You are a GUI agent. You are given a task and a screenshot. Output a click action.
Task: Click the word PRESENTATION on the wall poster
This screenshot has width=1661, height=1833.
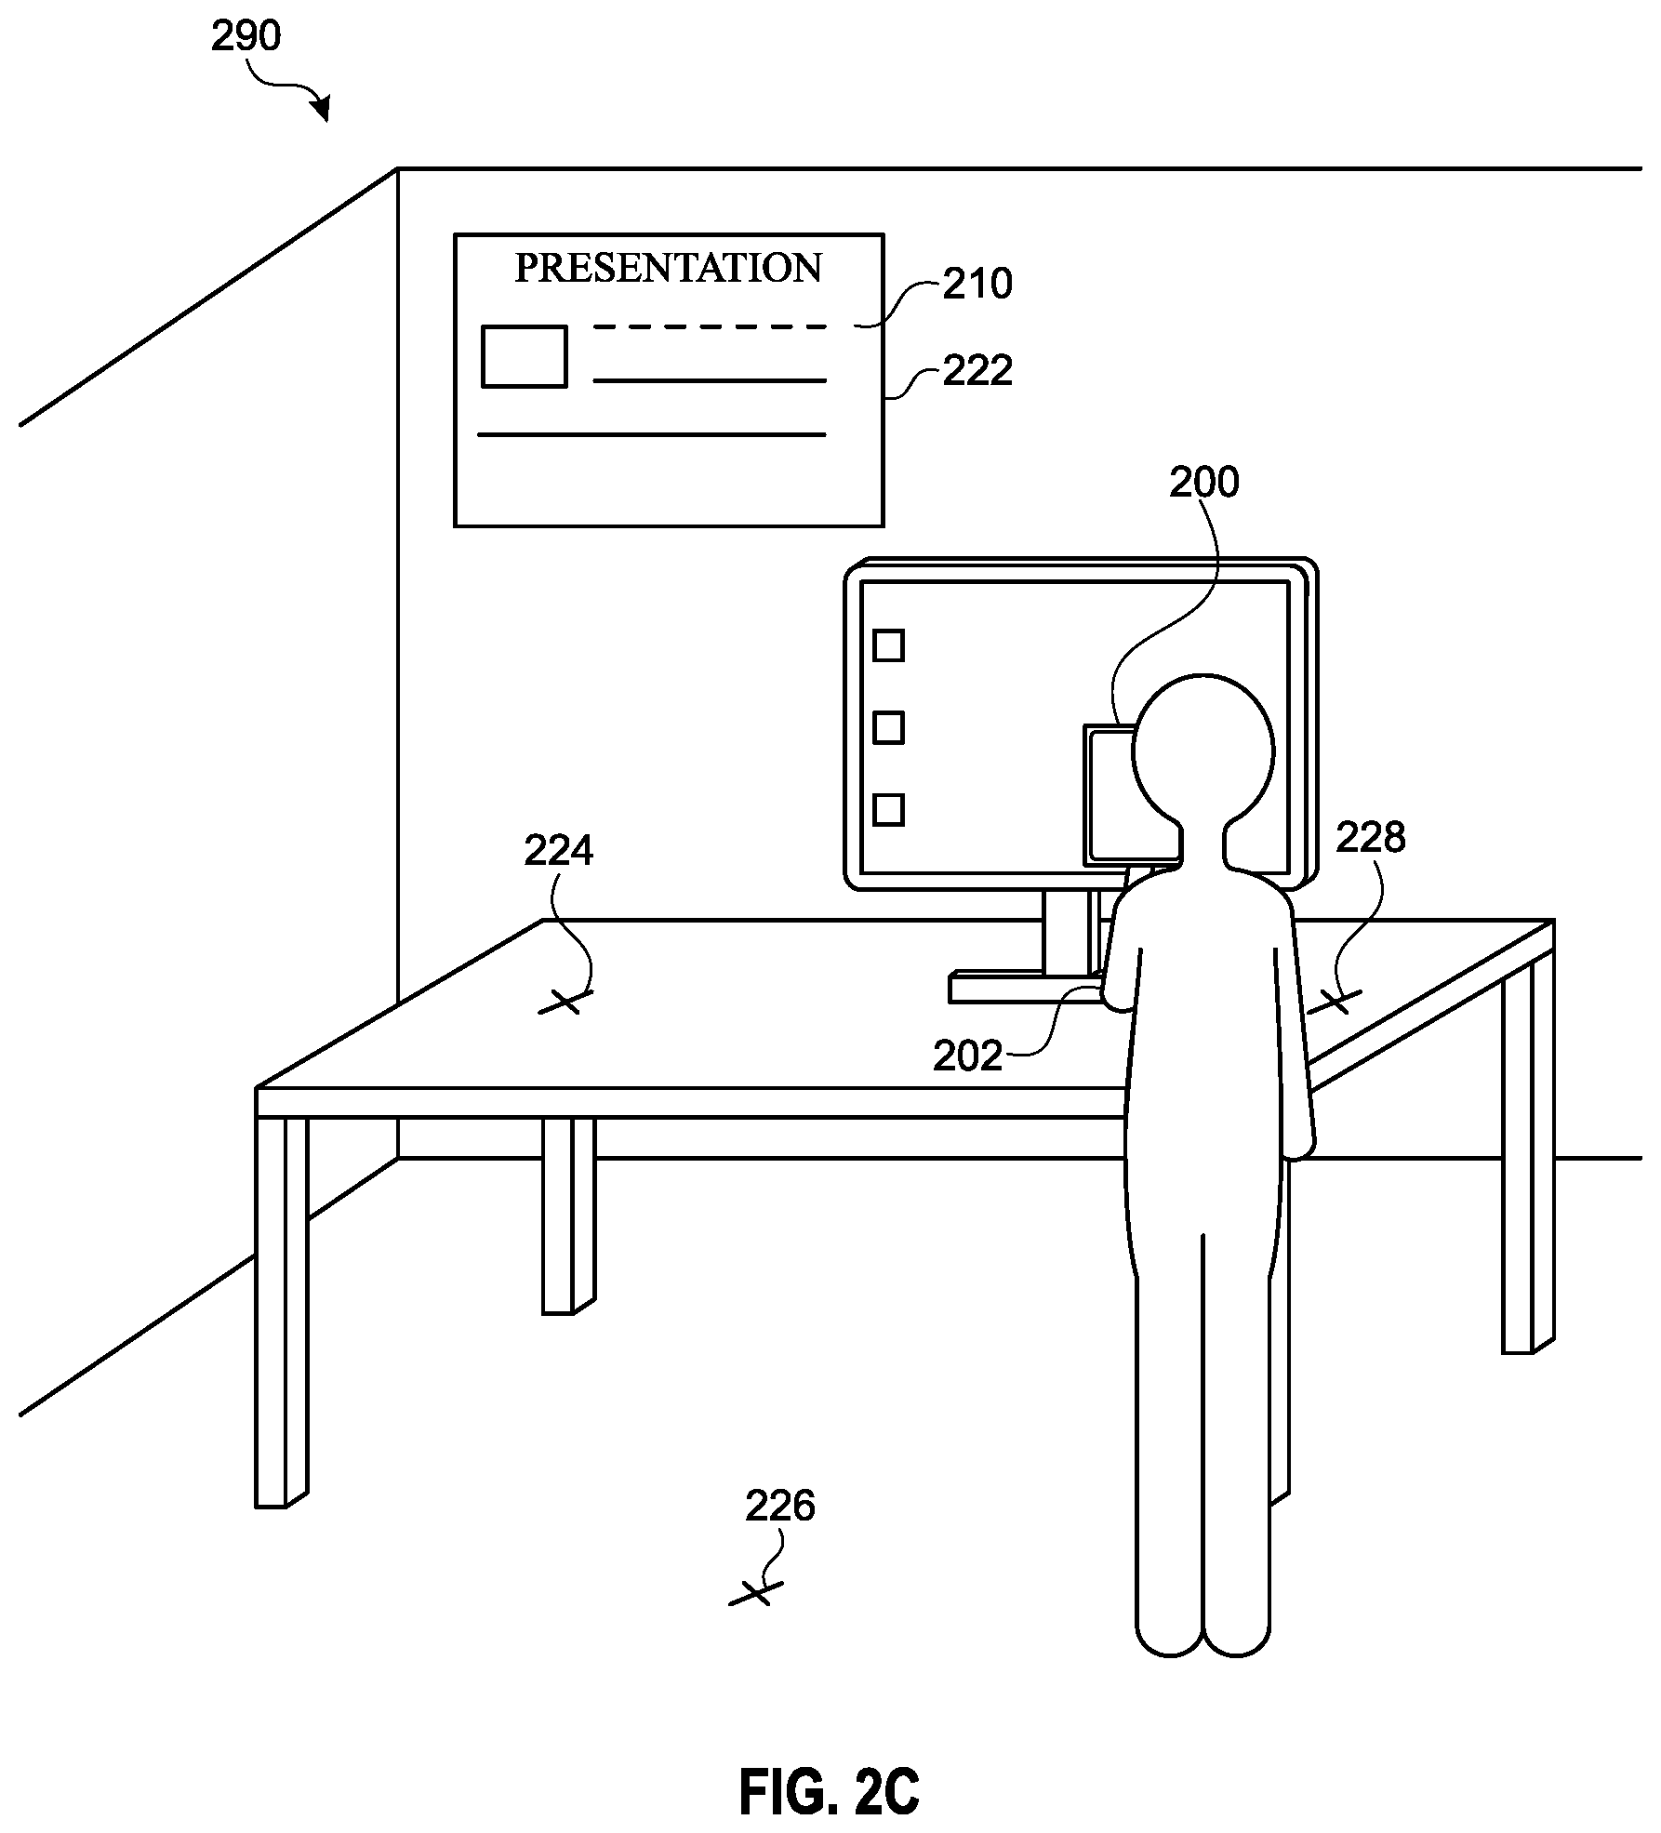pyautogui.click(x=668, y=268)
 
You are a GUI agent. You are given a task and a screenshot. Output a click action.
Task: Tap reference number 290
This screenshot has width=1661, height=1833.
pyautogui.click(x=246, y=36)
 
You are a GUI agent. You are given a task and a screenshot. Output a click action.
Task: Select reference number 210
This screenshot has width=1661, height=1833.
pyautogui.click(x=977, y=284)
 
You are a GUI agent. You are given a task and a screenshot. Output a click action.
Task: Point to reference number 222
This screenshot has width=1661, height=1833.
pyautogui.click(x=977, y=371)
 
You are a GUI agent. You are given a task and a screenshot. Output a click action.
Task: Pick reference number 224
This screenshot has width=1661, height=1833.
pyautogui.click(x=558, y=850)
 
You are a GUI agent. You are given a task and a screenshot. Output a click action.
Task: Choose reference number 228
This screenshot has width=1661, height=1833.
pyautogui.click(x=1371, y=838)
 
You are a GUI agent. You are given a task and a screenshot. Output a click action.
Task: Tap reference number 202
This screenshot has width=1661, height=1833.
pyautogui.click(x=968, y=1056)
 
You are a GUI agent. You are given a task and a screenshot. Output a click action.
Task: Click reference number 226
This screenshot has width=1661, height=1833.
pyautogui.click(x=779, y=1506)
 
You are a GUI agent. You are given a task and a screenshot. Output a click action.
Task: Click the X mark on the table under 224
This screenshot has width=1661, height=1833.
pyautogui.click(x=566, y=1002)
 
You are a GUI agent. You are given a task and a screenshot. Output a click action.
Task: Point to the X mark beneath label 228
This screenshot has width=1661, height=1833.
pyautogui.click(x=1335, y=1002)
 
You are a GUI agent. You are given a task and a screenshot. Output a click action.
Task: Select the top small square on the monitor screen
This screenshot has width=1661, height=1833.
pyautogui.click(x=889, y=645)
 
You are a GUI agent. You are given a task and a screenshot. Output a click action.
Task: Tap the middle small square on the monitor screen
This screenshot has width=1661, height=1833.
pyautogui.click(x=889, y=727)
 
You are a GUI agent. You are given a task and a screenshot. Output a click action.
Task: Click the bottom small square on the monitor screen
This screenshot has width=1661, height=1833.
pyautogui.click(x=889, y=809)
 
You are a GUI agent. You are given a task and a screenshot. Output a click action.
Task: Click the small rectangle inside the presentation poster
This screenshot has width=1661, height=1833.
pyautogui.click(x=524, y=356)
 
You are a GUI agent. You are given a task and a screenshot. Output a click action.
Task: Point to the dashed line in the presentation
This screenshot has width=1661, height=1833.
pyautogui.click(x=710, y=327)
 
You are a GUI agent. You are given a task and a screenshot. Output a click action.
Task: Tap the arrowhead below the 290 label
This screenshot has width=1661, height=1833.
pyautogui.click(x=322, y=109)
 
